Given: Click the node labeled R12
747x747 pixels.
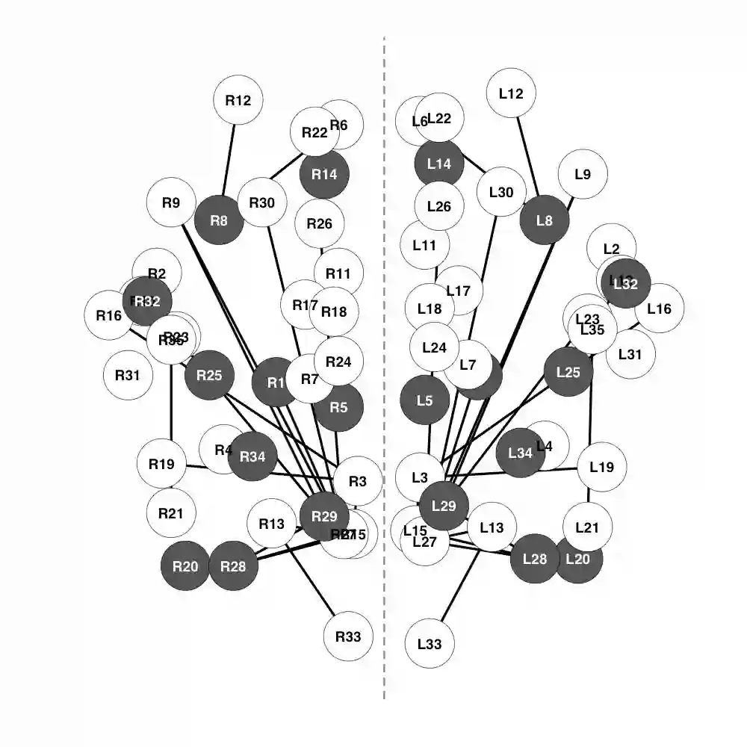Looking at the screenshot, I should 238,100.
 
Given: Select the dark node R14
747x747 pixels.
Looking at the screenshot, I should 324,174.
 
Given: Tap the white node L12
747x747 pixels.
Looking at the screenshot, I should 511,93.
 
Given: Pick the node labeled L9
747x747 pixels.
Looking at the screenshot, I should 583,174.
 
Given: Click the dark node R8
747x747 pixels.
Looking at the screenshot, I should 219,220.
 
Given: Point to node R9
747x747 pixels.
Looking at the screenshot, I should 171,202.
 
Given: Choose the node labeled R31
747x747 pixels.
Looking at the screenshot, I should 128,375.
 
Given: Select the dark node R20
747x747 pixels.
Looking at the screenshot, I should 185,565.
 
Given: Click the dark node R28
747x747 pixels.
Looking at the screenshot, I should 234,565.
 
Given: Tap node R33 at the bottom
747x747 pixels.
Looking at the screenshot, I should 348,636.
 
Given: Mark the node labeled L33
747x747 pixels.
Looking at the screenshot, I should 430,643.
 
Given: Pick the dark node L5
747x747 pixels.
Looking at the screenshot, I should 424,400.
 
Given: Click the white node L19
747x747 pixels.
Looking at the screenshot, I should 601,468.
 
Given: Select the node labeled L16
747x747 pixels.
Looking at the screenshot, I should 659,308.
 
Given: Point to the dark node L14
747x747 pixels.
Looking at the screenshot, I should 439,164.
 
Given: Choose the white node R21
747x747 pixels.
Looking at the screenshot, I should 171,513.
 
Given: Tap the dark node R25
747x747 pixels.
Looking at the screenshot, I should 210,375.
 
